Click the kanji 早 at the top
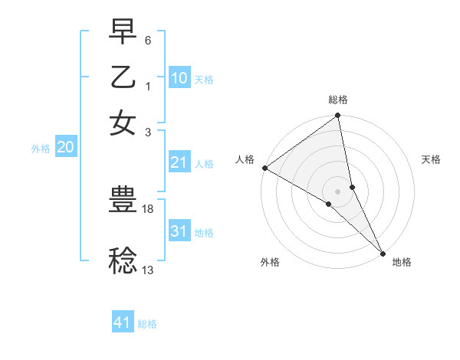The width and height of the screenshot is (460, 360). pyautogui.click(x=123, y=34)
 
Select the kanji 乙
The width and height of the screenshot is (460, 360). pyautogui.click(x=123, y=79)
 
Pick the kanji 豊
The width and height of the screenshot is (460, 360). pyautogui.click(x=123, y=201)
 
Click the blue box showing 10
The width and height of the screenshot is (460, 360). pyautogui.click(x=179, y=78)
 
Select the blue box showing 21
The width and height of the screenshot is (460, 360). pyautogui.click(x=179, y=162)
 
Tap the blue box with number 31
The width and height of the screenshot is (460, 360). pyautogui.click(x=179, y=231)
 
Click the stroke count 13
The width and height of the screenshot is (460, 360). pyautogui.click(x=149, y=269)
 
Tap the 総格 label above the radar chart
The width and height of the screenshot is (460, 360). pyautogui.click(x=338, y=100)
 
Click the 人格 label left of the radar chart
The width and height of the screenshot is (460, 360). pyautogui.click(x=245, y=159)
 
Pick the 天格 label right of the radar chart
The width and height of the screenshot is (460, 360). pyautogui.click(x=432, y=159)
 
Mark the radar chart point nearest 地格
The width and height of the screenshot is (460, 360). pyautogui.click(x=383, y=253)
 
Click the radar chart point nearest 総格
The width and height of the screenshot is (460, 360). pyautogui.click(x=338, y=116)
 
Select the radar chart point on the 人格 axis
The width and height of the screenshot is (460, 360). pyautogui.click(x=265, y=168)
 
